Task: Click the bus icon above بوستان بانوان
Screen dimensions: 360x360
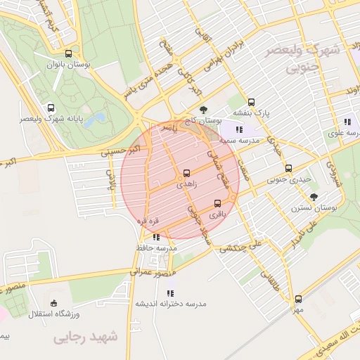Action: click(68, 53)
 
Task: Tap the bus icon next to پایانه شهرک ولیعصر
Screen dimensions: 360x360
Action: click(50, 108)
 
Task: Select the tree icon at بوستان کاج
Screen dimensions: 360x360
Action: click(203, 110)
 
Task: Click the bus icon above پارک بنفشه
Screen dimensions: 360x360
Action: click(252, 101)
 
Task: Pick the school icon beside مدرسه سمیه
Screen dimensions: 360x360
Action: click(239, 129)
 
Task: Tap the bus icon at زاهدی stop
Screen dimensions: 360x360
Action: click(186, 172)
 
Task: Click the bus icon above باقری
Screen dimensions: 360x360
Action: click(217, 204)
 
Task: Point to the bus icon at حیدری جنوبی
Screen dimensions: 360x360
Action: click(289, 168)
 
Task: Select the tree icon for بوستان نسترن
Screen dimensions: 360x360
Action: click(313, 197)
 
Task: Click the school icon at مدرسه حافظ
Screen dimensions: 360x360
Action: click(155, 237)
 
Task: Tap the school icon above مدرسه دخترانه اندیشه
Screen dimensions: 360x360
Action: click(169, 292)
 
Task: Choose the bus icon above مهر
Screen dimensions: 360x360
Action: click(299, 299)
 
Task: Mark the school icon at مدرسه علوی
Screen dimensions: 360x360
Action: click(347, 122)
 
